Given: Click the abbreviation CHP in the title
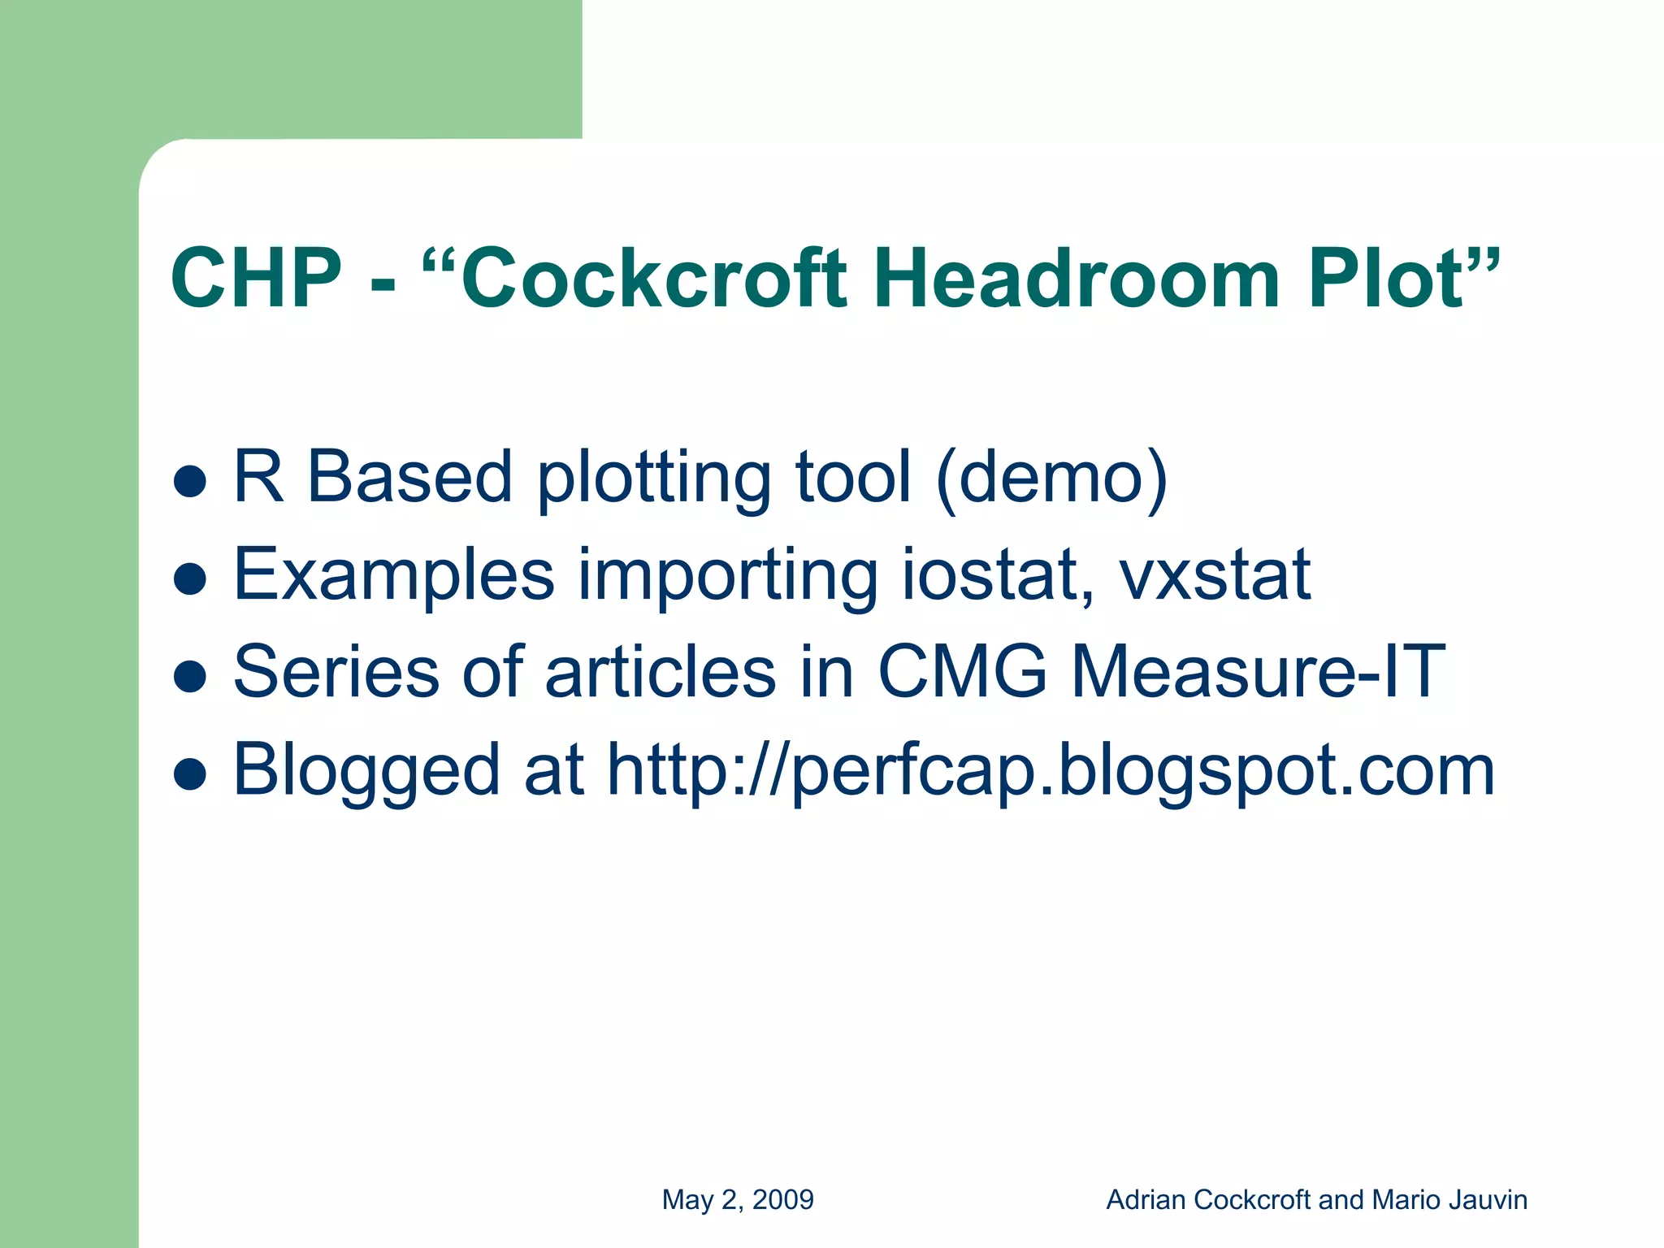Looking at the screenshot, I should tap(256, 279).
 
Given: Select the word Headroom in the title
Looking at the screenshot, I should tap(1077, 279).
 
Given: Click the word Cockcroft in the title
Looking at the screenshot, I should tap(654, 279).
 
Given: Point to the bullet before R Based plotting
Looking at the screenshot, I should tap(190, 481).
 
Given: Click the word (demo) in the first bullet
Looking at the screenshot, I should tap(1051, 478).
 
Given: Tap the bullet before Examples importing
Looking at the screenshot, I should tap(190, 578).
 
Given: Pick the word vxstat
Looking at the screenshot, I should tap(1215, 575).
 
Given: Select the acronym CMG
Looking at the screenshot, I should tap(962, 672).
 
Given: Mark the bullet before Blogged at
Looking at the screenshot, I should tap(190, 773).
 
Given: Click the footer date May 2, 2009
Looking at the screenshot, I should tap(738, 1200).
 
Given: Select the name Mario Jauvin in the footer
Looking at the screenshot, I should tap(1449, 1200).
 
